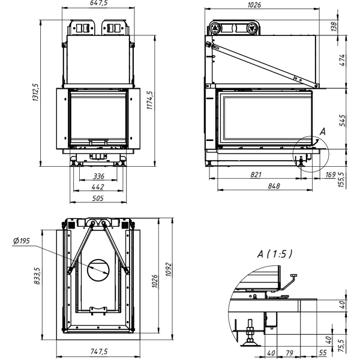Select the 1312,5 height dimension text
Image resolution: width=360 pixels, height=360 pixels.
click(35, 94)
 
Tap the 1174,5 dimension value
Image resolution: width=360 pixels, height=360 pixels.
click(150, 102)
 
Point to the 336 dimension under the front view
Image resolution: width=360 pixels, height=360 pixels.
click(100, 176)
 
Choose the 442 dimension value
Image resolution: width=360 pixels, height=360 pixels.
click(100, 187)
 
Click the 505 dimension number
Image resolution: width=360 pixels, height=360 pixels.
click(100, 198)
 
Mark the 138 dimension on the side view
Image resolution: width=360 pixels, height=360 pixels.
click(350, 26)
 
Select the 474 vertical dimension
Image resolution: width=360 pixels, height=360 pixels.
click(350, 62)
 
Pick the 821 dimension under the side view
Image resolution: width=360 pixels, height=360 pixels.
click(256, 175)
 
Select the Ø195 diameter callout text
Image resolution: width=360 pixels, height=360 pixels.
click(21, 241)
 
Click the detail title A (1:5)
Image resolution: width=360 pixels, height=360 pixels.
click(275, 254)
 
